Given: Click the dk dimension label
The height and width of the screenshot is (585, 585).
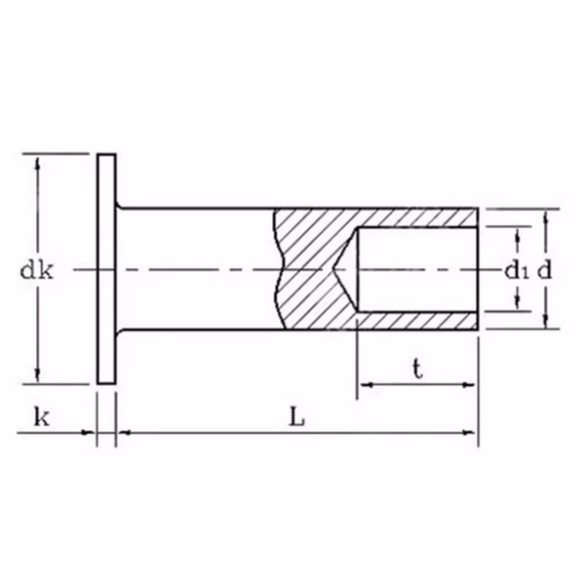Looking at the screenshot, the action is [x=36, y=270].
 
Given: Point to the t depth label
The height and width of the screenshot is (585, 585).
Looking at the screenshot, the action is [x=418, y=370].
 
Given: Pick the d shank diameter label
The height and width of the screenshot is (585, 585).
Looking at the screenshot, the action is [x=544, y=270].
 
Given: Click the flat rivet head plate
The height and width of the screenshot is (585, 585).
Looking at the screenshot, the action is [x=106, y=269].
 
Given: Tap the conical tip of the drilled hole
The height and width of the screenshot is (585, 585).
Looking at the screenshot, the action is [x=335, y=269].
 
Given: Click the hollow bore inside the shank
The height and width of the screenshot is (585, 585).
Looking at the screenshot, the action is [x=417, y=269].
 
